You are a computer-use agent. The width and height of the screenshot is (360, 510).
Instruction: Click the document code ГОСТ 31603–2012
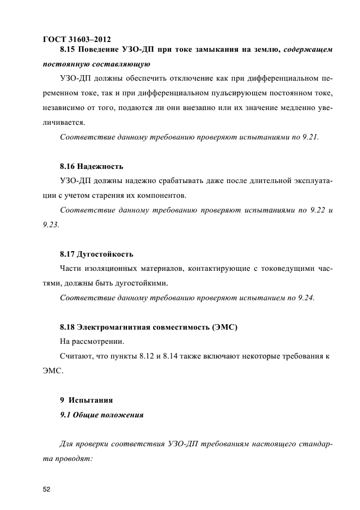click(76, 39)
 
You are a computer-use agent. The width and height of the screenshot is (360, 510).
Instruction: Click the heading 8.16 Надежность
click(91, 165)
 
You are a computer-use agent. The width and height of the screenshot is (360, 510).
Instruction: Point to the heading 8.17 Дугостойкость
click(96, 254)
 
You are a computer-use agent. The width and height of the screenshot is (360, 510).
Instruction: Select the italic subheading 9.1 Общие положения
click(101, 415)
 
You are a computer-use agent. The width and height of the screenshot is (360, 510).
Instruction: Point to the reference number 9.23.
click(51, 224)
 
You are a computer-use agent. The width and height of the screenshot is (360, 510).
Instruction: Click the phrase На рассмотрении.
click(92, 342)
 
